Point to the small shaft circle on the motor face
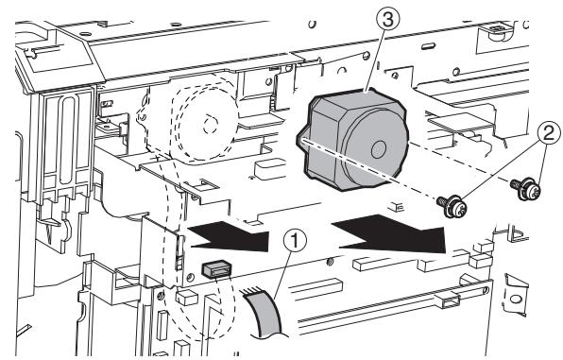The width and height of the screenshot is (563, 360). point(379,148)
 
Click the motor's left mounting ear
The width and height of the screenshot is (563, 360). point(303,140)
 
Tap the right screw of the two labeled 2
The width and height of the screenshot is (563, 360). point(519,185)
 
